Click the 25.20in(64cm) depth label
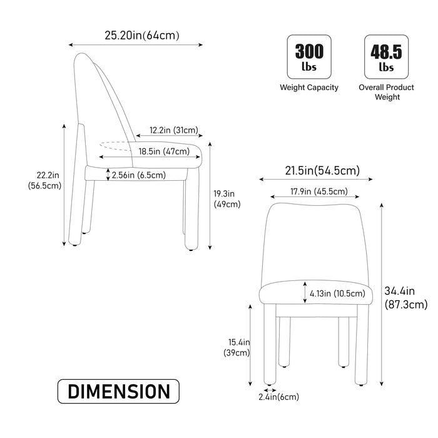[x=142, y=35]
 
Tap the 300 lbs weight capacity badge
[x=309, y=56]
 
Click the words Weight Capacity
[x=309, y=88]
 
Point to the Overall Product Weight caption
[x=387, y=92]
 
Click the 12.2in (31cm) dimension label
[x=174, y=131]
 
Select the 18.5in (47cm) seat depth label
[x=164, y=151]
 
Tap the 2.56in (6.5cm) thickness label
[x=138, y=175]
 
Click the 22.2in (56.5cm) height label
[x=43, y=180]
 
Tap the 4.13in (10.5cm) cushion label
[x=337, y=293]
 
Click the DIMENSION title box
[x=118, y=392]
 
